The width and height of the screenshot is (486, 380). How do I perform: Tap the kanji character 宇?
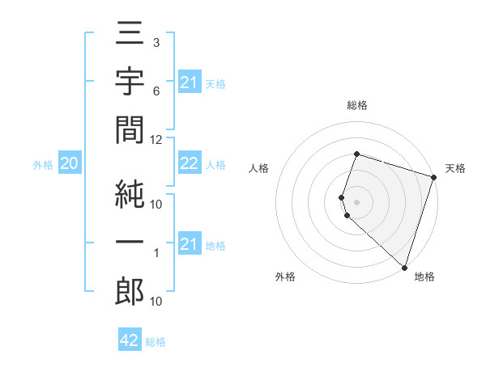[130, 83]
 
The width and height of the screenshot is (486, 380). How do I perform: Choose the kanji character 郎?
[130, 291]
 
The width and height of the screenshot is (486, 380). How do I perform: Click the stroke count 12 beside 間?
[156, 139]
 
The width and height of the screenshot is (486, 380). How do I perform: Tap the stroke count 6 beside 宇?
[156, 91]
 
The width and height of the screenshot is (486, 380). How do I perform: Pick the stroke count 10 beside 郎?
[156, 302]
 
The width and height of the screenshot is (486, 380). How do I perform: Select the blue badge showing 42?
[130, 341]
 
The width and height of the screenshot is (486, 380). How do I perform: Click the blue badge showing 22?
[189, 164]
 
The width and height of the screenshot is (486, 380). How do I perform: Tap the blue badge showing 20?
[69, 164]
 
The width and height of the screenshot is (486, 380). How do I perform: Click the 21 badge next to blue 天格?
[189, 82]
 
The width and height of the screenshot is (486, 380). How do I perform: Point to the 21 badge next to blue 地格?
[189, 244]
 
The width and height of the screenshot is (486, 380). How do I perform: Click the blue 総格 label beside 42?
[156, 342]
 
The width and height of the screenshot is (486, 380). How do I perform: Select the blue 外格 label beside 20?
[43, 165]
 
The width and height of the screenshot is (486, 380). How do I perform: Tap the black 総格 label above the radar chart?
[356, 105]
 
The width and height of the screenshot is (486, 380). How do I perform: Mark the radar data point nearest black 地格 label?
[403, 267]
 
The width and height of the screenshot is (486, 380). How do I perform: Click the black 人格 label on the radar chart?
[259, 169]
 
